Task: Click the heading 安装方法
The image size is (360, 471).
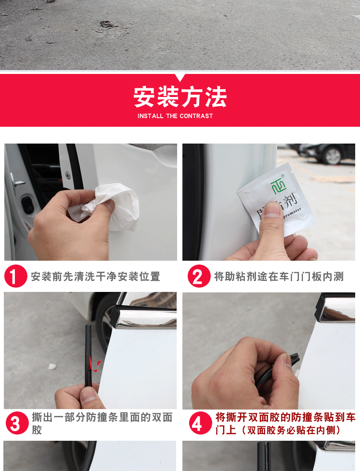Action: [180, 97]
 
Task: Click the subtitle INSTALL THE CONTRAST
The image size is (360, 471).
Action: [175, 116]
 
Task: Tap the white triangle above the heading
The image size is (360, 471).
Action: [180, 78]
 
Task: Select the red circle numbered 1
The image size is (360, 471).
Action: [16, 277]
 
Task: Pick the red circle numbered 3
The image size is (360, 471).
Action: [16, 423]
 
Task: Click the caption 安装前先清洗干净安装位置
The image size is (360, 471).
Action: [96, 277]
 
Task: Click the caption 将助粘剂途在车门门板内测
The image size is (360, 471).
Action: [279, 277]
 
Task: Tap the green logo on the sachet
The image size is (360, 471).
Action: [278, 184]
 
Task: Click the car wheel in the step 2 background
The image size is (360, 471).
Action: [332, 155]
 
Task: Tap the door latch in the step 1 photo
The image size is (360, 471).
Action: [18, 182]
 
